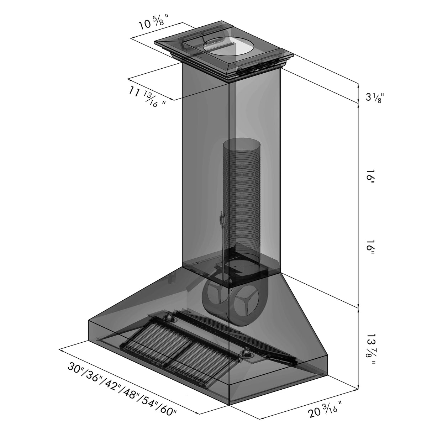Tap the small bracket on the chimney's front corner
(x=222, y=219)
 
